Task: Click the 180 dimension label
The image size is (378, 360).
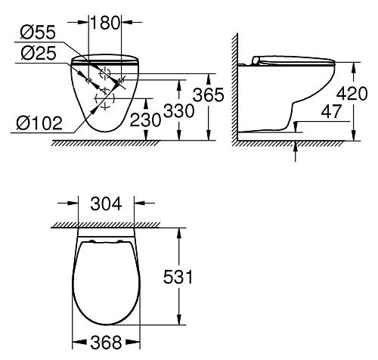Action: (106, 22)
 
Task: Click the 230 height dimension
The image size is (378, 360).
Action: (144, 119)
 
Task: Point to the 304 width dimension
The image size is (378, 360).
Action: (106, 203)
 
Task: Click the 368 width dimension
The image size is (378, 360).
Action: (106, 343)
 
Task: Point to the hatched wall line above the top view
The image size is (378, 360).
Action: (106, 225)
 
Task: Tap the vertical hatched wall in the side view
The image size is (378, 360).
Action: (234, 83)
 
